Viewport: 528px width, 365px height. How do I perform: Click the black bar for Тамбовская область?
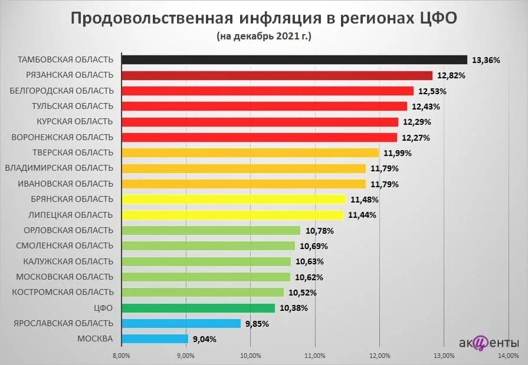[294, 60]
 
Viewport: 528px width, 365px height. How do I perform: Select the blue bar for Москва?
[155, 339]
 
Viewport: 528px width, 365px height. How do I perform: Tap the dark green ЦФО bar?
[198, 308]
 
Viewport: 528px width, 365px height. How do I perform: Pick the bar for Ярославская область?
[181, 323]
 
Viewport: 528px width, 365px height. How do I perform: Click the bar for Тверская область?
[250, 153]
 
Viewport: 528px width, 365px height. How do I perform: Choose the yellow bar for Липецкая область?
[232, 215]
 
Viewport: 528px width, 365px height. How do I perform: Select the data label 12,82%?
[451, 75]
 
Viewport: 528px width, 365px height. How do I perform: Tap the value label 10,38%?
[293, 308]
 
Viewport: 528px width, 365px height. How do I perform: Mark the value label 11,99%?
[397, 153]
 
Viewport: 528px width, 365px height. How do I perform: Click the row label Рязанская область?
[70, 75]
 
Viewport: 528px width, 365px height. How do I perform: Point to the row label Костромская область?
[64, 292]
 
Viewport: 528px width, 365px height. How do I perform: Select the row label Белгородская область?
[61, 90]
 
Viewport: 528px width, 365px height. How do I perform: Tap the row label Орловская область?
[68, 230]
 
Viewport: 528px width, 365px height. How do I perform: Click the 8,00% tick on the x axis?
[121, 356]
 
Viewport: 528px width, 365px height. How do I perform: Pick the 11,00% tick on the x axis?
[315, 356]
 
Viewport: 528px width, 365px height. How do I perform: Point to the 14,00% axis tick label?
[509, 356]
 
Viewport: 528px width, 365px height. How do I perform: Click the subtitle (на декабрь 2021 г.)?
[264, 36]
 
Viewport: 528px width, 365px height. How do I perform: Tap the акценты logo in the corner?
[488, 343]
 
